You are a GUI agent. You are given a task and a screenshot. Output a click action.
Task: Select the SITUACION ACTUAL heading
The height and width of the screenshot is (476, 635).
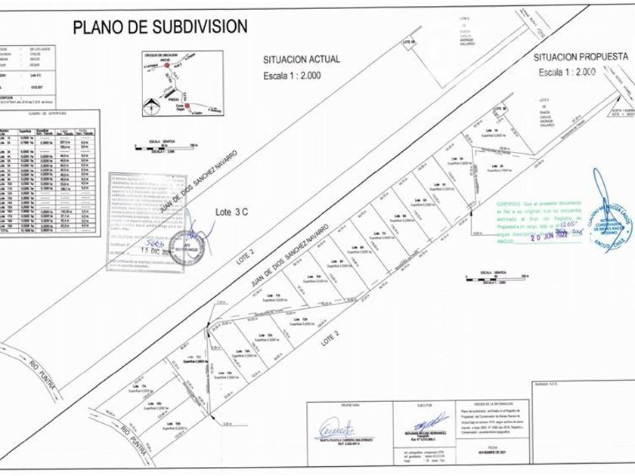point(301,58)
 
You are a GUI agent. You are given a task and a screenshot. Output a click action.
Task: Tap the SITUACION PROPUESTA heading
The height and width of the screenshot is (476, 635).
point(581,57)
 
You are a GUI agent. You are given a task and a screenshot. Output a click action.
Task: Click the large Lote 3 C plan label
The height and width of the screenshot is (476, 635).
point(232,213)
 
